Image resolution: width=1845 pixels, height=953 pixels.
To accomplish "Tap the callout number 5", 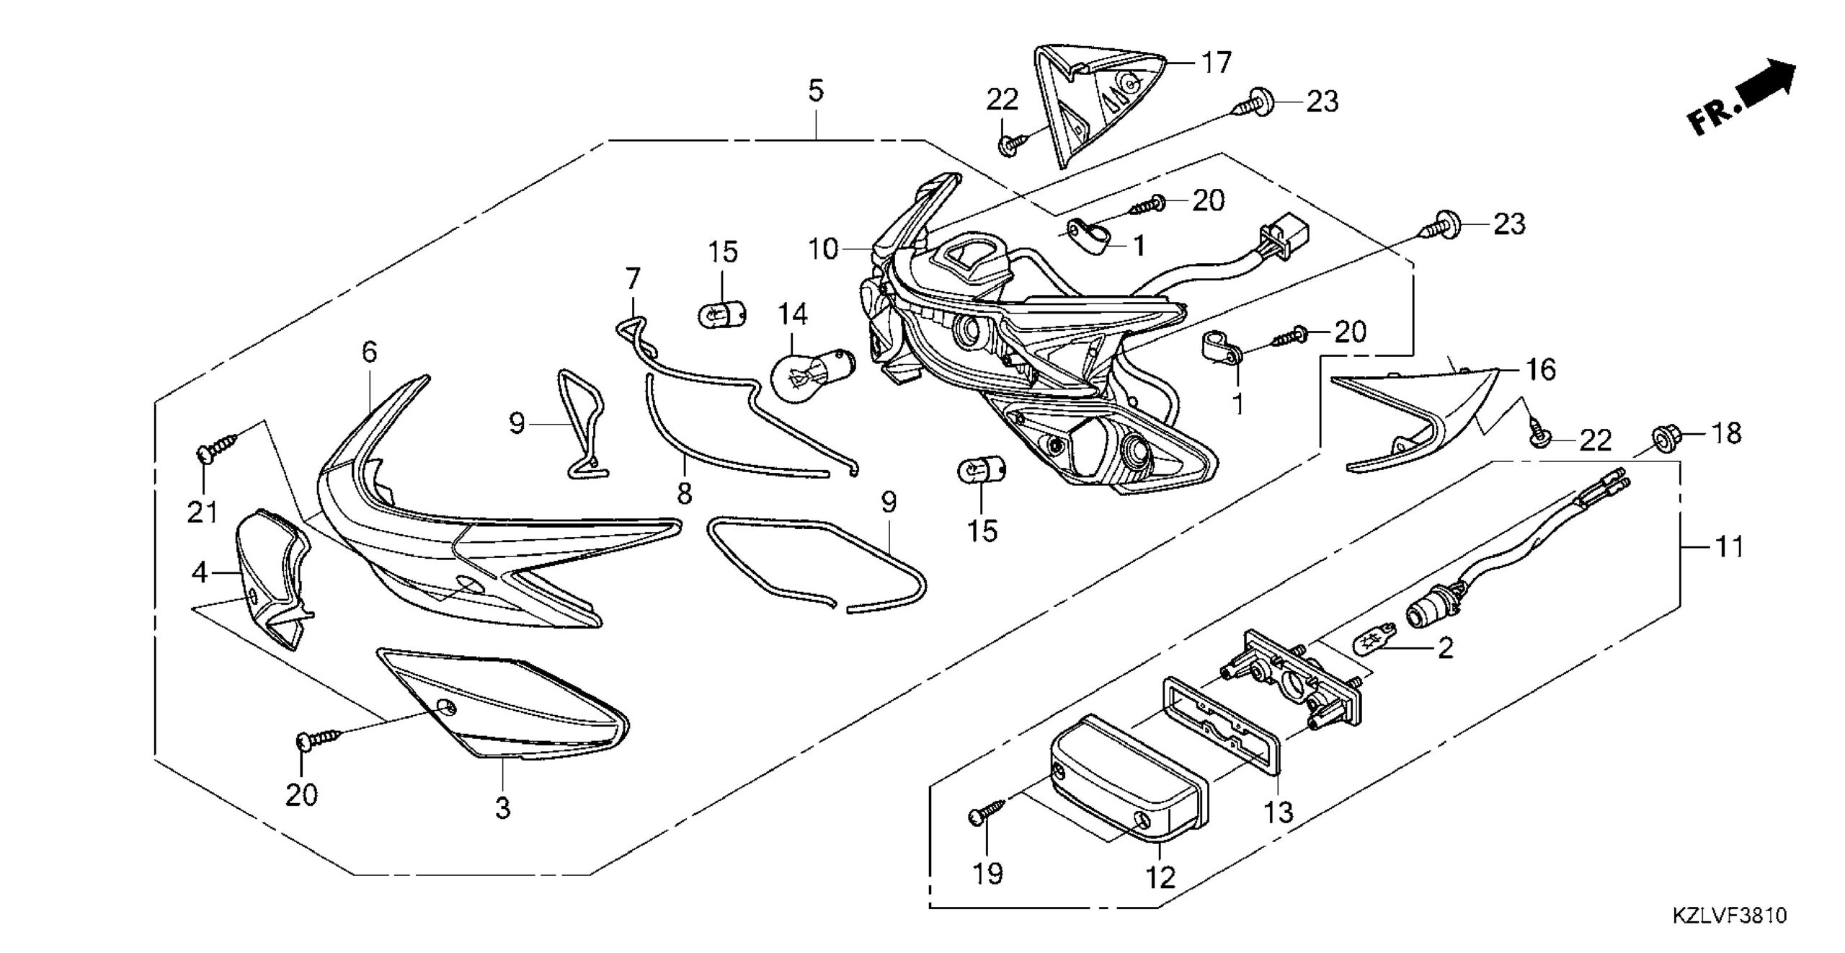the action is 815,92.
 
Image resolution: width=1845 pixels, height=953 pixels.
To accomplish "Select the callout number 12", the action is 1160,877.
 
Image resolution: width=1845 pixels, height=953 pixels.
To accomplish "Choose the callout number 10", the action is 824,249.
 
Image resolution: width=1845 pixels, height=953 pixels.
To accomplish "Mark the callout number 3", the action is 502,808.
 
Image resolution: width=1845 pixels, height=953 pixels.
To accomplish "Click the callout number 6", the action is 370,352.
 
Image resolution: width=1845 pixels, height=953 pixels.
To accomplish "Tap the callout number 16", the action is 1539,370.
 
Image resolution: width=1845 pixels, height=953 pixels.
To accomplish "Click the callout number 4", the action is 200,573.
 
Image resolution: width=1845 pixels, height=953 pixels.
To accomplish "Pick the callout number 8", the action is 685,493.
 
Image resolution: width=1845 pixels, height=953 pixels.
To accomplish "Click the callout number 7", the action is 632,278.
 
